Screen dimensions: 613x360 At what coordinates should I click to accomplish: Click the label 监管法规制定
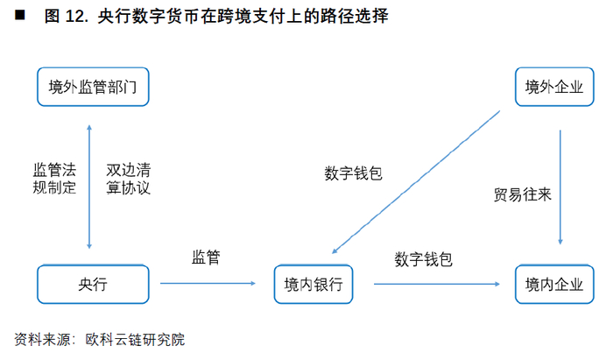click(x=54, y=179)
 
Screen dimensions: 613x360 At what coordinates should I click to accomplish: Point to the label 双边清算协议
click(x=128, y=179)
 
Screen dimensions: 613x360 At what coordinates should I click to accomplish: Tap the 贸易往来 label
click(x=523, y=194)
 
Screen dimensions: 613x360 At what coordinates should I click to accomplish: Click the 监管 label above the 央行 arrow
click(x=206, y=258)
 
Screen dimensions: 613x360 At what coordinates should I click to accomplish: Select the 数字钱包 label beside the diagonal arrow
click(x=354, y=173)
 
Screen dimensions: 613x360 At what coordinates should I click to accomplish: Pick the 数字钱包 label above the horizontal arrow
click(x=423, y=259)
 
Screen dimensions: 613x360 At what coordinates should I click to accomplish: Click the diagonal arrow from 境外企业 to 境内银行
click(x=416, y=182)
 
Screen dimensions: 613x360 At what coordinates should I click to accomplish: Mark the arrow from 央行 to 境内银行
click(x=208, y=284)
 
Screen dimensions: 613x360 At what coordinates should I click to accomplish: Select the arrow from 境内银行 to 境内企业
click(x=437, y=284)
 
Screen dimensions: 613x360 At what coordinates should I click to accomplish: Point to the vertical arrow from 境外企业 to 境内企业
click(x=560, y=187)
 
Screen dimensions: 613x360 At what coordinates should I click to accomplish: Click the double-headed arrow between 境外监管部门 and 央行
click(x=89, y=187)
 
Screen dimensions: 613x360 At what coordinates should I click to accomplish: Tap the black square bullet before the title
click(x=20, y=15)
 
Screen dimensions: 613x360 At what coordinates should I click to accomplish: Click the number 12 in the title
click(x=74, y=17)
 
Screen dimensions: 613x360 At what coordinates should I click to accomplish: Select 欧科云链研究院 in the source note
click(x=135, y=339)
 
